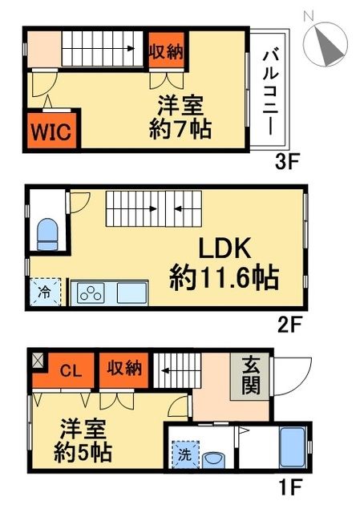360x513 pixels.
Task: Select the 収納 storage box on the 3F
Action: pos(166,50)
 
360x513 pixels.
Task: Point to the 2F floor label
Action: pos(288,325)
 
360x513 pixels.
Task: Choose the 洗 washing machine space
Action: pos(183,453)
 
